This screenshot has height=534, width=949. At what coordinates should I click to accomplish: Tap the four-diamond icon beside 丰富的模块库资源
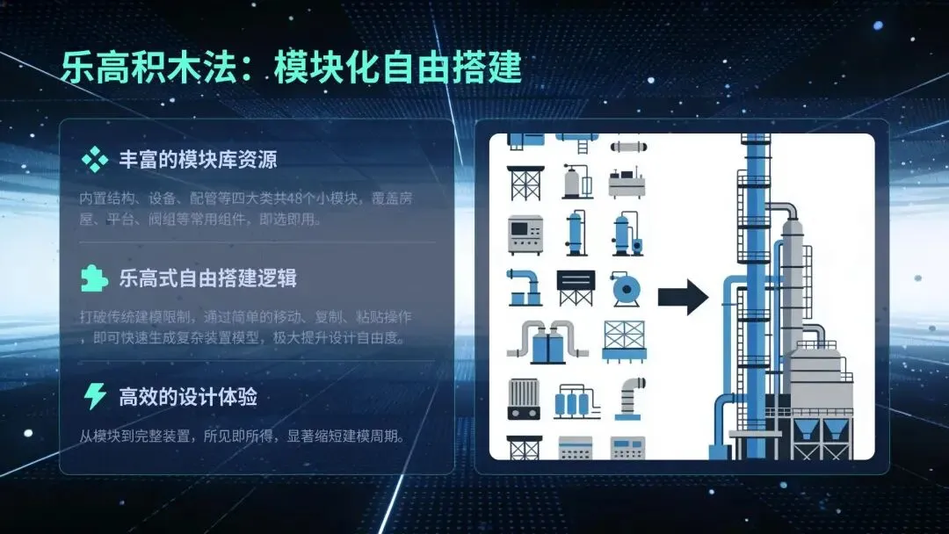click(x=93, y=160)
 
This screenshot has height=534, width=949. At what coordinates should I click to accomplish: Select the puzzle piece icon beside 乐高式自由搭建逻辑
click(x=93, y=278)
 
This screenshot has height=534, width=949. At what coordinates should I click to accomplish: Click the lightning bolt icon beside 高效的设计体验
click(x=93, y=397)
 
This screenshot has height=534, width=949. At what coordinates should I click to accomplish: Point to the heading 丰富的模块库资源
click(x=198, y=160)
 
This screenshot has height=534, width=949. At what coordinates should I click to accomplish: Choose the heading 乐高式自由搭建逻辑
click(x=208, y=278)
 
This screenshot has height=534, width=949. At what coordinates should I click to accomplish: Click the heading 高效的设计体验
click(x=188, y=397)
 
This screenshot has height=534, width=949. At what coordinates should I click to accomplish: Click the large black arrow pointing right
click(x=683, y=297)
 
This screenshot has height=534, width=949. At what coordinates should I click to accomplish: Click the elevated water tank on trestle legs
click(x=576, y=287)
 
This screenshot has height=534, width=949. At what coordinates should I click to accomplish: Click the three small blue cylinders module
click(x=576, y=400)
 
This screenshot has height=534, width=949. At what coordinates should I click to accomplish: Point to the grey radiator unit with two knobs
click(x=524, y=398)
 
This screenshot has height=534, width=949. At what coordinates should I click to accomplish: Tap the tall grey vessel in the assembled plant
click(x=793, y=281)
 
